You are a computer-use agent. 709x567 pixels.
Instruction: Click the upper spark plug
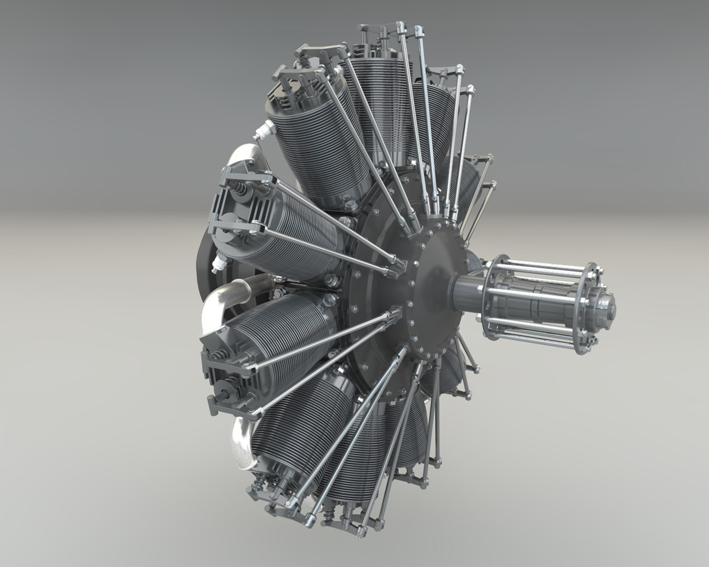click(x=263, y=129)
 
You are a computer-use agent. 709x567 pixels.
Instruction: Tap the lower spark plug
click(x=215, y=263)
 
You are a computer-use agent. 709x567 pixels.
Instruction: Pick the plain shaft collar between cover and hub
click(x=464, y=289)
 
